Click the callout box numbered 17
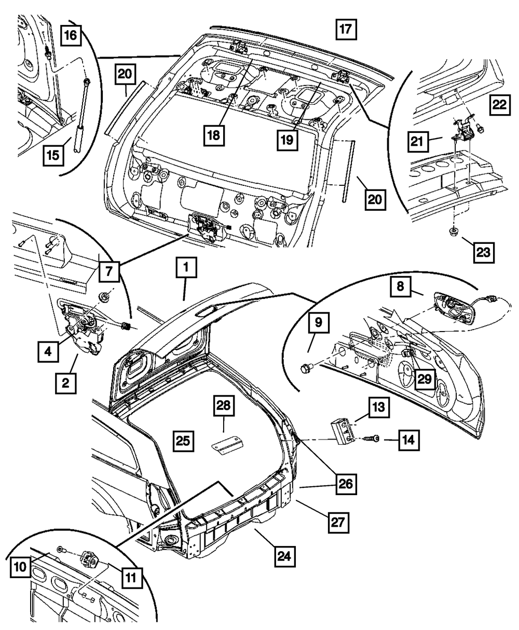coord(346,29)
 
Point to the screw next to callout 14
coord(373,439)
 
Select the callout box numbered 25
coord(185,442)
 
